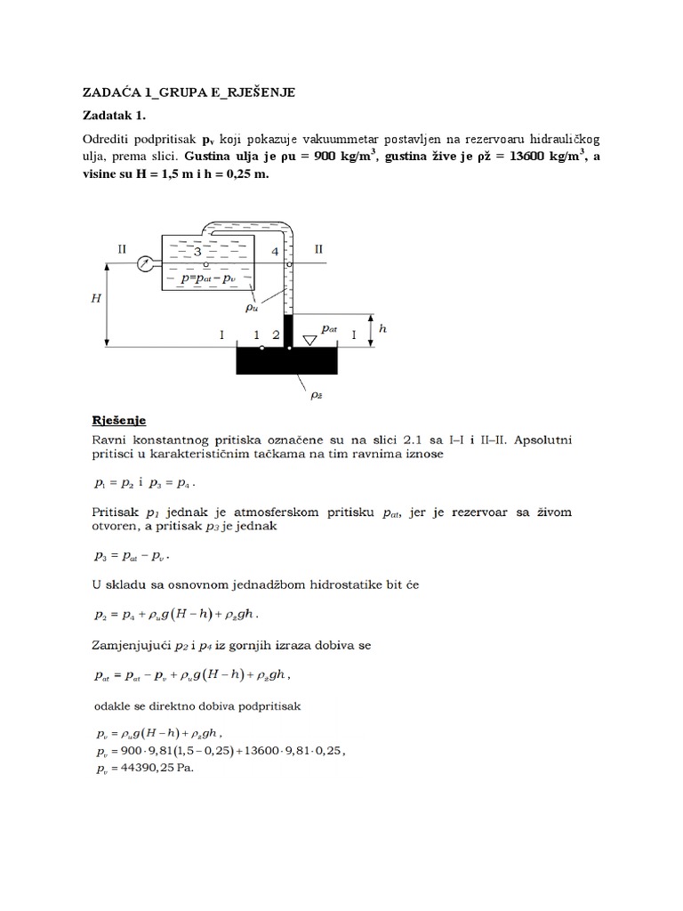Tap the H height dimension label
(95, 300)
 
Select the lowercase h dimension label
(383, 327)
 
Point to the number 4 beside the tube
(275, 253)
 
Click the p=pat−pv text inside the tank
(210, 278)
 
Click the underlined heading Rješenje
(120, 419)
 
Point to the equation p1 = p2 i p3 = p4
(143, 483)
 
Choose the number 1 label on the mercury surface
(256, 335)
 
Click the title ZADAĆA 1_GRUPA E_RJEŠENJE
(188, 92)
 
